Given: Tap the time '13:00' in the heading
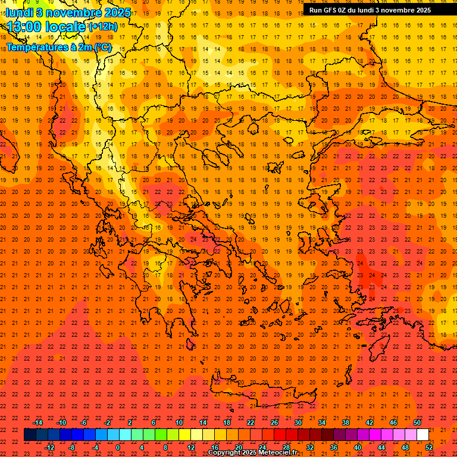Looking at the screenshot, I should coord(24,27).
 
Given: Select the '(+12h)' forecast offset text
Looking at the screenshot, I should coord(103,27).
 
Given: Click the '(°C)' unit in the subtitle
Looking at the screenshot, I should coord(101,47).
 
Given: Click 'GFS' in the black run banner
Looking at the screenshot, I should coord(330,10).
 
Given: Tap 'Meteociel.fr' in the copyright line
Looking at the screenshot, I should coord(277,453).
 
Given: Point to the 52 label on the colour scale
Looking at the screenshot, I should coord(429,447).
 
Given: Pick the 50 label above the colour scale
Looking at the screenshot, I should coord(417,422).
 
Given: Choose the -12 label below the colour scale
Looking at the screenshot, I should coord(49,447).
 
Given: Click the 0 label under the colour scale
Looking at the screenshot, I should coord(118,447).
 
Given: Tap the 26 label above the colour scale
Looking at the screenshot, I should coord(274,422).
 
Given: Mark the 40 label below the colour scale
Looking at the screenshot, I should coord(358,447).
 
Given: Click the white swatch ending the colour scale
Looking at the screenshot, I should coord(422,434).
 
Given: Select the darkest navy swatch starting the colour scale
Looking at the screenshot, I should coord(30,434).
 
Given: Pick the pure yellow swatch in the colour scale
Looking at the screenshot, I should coord(184,434).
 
